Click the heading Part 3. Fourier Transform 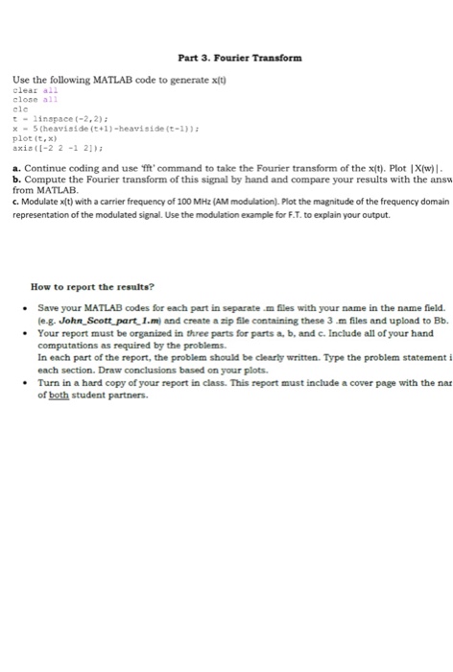[233, 58]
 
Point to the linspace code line [48, 114]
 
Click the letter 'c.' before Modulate [14, 189]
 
